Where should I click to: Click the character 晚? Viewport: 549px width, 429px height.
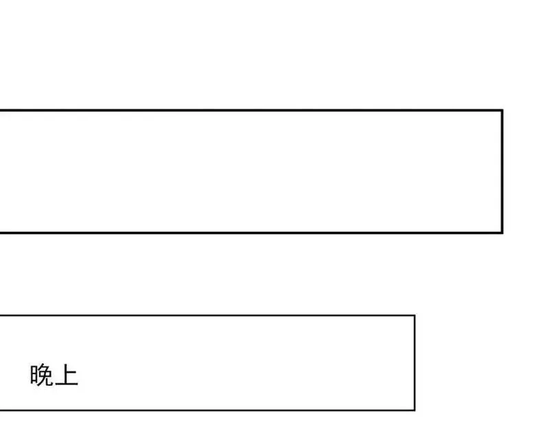[x=41, y=375]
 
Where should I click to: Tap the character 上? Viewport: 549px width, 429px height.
[x=67, y=375]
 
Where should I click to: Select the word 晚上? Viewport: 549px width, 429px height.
[x=54, y=375]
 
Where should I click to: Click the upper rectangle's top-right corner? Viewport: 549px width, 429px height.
[x=502, y=111]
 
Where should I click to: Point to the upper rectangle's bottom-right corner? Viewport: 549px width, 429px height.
[x=502, y=232]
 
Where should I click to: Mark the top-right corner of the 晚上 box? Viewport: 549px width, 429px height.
[x=415, y=316]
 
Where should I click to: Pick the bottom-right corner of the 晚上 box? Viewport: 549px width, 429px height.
[x=415, y=410]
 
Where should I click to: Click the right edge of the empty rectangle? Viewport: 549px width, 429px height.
[x=502, y=171]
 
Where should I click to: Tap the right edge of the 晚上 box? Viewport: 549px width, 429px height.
[x=415, y=363]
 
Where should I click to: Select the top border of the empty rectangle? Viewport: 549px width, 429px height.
[x=251, y=111]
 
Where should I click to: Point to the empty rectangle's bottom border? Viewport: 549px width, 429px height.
[x=251, y=232]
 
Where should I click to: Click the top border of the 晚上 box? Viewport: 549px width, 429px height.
[x=207, y=316]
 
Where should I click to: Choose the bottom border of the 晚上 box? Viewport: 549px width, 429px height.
[x=207, y=410]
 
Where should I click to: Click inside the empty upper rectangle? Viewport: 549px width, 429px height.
[x=250, y=171]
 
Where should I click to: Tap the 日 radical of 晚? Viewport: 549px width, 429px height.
[x=34, y=374]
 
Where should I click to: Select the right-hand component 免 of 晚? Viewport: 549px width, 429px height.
[x=45, y=375]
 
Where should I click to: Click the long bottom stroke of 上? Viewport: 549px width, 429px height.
[x=67, y=384]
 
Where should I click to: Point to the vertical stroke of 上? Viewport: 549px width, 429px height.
[x=65, y=374]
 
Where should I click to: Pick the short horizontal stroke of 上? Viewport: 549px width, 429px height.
[x=71, y=373]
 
